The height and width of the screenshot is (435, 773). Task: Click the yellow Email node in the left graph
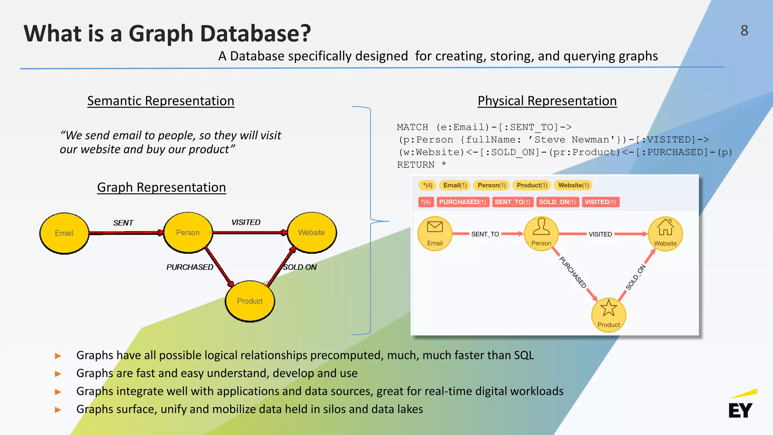pos(64,233)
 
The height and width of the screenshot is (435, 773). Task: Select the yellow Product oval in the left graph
pos(250,301)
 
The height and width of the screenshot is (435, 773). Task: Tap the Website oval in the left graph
pos(312,233)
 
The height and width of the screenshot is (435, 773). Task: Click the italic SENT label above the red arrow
pos(123,223)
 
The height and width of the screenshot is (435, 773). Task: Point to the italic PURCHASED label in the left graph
pos(190,267)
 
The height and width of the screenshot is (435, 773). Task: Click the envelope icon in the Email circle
pos(435,227)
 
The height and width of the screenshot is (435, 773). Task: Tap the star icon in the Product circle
pos(608,308)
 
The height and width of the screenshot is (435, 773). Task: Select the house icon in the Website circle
pos(665,227)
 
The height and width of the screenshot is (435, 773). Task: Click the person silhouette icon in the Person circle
pos(541,227)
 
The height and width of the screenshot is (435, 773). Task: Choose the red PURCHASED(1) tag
pos(463,202)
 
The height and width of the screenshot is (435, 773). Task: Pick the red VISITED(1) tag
pos(600,202)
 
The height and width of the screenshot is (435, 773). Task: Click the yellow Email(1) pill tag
pos(455,185)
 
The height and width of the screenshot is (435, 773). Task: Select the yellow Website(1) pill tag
pos(573,185)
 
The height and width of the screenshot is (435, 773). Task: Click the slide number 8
pos(744,31)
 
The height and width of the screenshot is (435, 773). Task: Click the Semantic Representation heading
pos(161,101)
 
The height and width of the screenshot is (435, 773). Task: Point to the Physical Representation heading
pos(547,101)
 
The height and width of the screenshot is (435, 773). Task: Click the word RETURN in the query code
pos(416,165)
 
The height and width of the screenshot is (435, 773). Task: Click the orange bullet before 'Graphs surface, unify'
pos(58,410)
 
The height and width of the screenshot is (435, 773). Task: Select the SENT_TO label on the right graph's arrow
pos(485,234)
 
